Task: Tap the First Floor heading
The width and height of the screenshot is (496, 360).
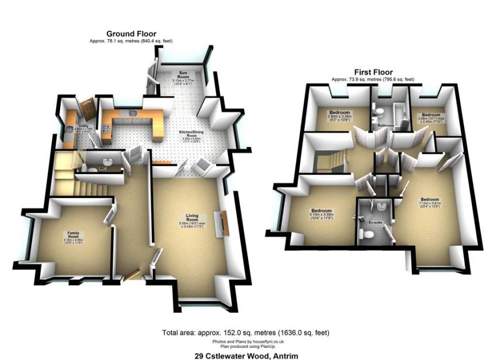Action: click(373, 72)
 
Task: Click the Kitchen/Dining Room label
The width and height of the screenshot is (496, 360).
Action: click(192, 135)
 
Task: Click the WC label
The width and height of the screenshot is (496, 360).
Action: click(103, 168)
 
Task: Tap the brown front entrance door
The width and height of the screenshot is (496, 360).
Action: click(131, 275)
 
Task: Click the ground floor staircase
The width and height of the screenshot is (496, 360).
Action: click(74, 176)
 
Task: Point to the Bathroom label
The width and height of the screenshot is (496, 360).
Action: click(385, 126)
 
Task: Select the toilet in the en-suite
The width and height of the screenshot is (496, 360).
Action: click(366, 234)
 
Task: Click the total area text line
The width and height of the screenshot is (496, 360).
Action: click(246, 332)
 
